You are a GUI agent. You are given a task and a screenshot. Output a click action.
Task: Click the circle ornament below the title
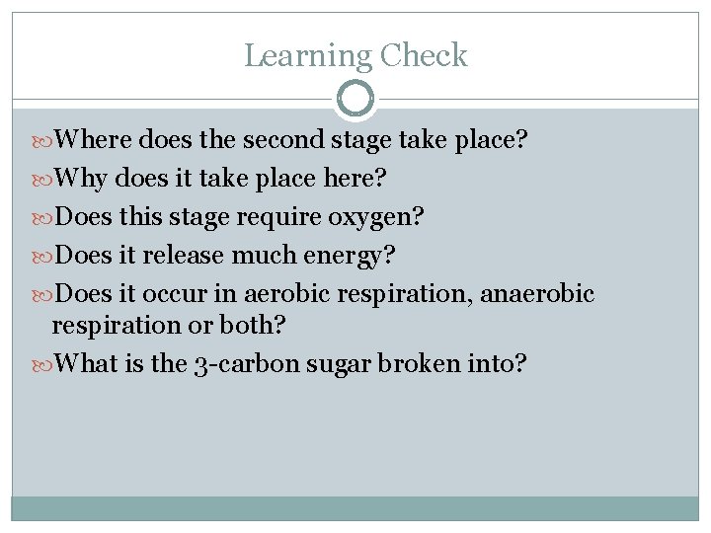pyautogui.click(x=355, y=100)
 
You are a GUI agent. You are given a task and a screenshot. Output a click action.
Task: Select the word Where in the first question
pyautogui.click(x=95, y=140)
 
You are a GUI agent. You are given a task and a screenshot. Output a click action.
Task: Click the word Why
pyautogui.click(x=82, y=179)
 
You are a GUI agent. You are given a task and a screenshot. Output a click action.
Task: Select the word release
pyautogui.click(x=185, y=256)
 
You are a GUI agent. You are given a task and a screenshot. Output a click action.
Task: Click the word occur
pyautogui.click(x=175, y=294)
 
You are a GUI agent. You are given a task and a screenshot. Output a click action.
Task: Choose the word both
pyautogui.click(x=261, y=325)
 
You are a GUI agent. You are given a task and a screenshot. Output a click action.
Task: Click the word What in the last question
pyautogui.click(x=88, y=363)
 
